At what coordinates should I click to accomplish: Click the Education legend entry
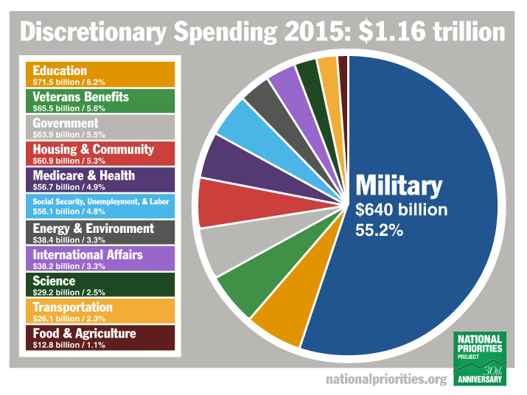pos(100,74)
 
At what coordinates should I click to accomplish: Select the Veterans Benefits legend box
pos(100,100)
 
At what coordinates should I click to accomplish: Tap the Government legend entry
pos(100,127)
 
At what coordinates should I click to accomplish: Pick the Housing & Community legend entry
pos(100,153)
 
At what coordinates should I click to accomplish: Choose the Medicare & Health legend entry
pos(100,179)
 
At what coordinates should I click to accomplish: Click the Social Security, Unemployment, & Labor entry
pos(100,206)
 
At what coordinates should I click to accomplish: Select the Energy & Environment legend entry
pos(100,232)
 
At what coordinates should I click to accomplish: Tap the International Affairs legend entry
pos(100,259)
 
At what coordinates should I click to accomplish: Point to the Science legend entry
pos(100,284)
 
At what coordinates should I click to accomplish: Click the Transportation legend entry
pos(100,311)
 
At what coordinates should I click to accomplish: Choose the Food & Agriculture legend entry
pos(100,338)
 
